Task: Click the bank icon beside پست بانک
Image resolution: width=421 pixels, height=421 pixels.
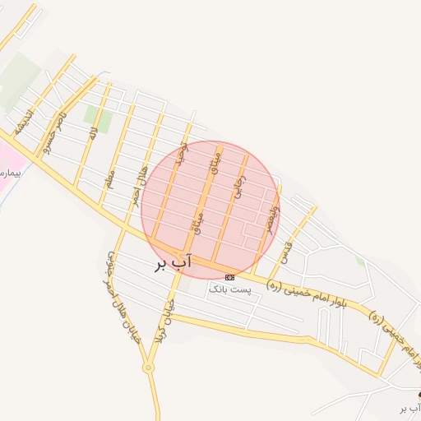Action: (x=229, y=277)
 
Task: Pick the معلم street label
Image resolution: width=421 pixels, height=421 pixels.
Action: (x=110, y=178)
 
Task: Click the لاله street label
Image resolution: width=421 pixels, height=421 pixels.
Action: (x=94, y=132)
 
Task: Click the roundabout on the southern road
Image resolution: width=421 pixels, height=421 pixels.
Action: (x=149, y=368)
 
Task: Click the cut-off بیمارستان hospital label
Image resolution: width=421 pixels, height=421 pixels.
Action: (x=7, y=172)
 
